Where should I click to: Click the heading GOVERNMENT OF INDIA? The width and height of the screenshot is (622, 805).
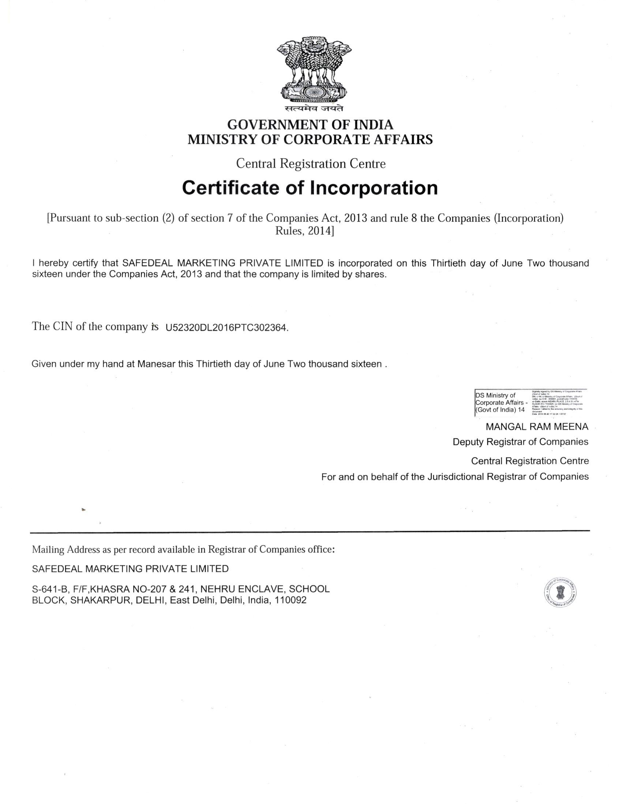(x=310, y=125)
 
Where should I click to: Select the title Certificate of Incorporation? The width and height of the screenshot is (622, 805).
(x=310, y=188)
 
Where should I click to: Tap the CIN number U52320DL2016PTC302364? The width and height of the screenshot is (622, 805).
(x=226, y=328)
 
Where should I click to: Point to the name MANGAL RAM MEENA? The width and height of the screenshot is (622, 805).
(x=537, y=427)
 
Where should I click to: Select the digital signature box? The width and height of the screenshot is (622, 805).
(x=530, y=402)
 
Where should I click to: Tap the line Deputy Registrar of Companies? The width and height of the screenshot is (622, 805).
(x=520, y=442)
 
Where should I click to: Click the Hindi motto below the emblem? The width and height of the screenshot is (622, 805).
(x=314, y=109)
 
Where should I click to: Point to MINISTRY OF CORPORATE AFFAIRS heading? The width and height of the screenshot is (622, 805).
(x=310, y=140)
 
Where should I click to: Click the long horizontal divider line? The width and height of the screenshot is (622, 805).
(x=310, y=531)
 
